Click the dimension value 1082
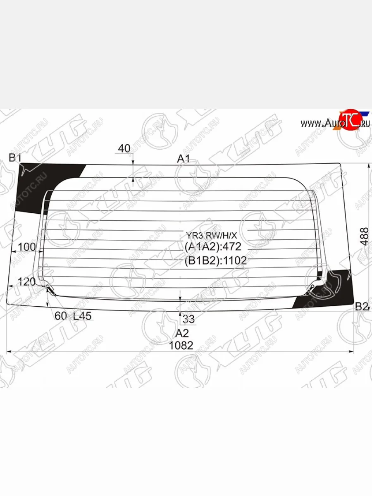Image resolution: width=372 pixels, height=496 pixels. (181, 346)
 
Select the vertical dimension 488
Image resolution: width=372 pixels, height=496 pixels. (364, 236)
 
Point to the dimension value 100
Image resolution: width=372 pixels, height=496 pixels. (27, 247)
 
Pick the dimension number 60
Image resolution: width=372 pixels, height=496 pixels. (60, 316)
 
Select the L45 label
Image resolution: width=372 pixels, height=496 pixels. (83, 316)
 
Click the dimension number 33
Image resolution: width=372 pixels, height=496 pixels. (188, 319)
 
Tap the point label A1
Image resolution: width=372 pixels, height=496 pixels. (184, 158)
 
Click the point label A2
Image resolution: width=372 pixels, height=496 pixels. (182, 333)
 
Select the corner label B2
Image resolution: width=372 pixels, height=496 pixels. (361, 306)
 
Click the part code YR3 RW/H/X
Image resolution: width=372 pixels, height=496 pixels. (211, 236)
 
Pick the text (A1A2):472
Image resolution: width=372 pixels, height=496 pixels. (212, 247)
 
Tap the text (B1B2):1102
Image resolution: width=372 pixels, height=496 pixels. (215, 260)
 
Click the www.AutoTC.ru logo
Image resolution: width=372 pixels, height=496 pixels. (335, 122)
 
